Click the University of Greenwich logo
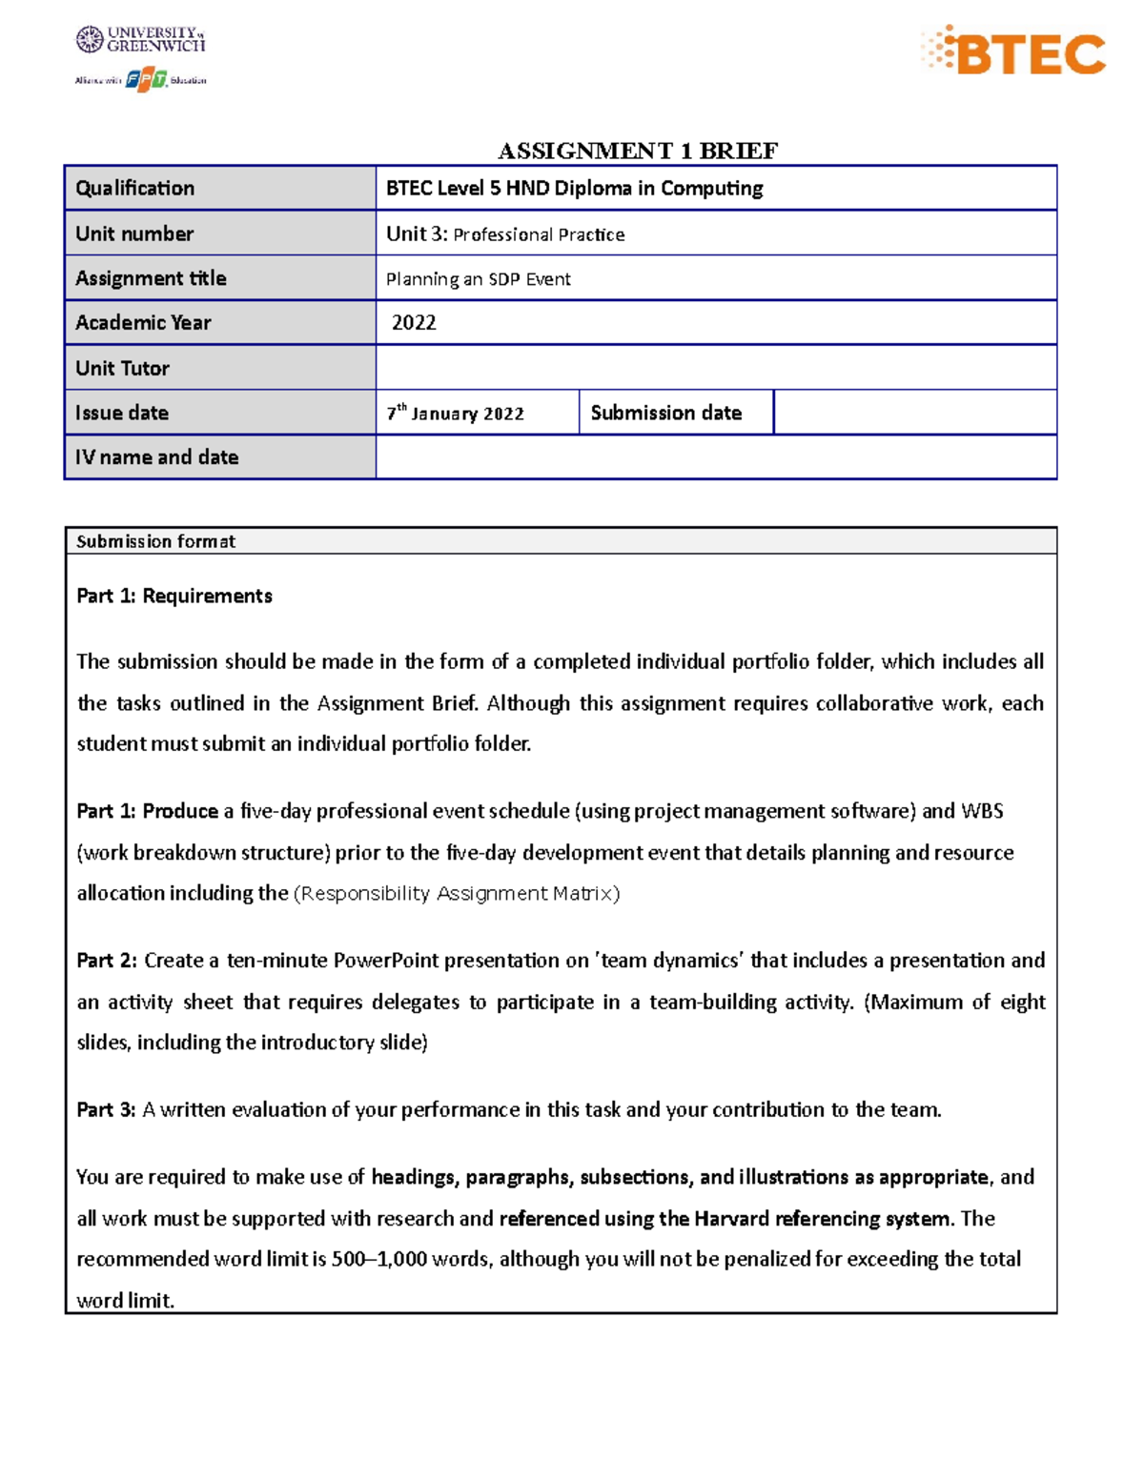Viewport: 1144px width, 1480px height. click(140, 39)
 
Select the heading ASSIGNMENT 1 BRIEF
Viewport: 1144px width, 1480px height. click(637, 151)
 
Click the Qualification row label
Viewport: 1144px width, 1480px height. click(135, 189)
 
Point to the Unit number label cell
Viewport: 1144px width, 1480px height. click(134, 233)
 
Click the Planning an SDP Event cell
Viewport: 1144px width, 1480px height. click(478, 279)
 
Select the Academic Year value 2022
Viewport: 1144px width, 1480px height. click(414, 323)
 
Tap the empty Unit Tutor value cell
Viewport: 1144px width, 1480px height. click(715, 368)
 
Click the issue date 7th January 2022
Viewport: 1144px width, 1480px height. click(456, 414)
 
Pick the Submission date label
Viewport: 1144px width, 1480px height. click(665, 413)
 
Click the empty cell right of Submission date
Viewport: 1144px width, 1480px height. click(913, 413)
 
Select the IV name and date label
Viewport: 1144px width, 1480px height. click(157, 457)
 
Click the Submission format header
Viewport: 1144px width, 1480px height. click(155, 541)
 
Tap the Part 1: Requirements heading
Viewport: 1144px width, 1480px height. click(174, 597)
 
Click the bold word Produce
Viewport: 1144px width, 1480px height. click(180, 811)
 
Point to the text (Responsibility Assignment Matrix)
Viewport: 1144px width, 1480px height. click(457, 894)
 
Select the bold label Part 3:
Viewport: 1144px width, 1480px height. click(107, 1110)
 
